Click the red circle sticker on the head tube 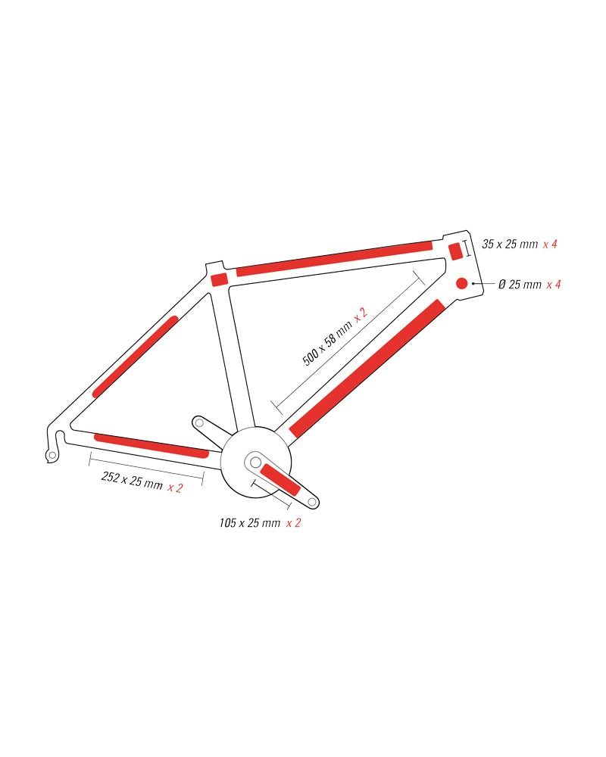pyautogui.click(x=461, y=283)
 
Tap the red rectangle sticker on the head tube pyautogui.click(x=455, y=251)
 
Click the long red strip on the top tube pyautogui.click(x=334, y=258)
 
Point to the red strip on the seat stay pyautogui.click(x=134, y=357)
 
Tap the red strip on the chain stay pyautogui.click(x=150, y=446)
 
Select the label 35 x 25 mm pyautogui.click(x=510, y=244)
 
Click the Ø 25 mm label pyautogui.click(x=520, y=285)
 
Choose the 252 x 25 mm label pyautogui.click(x=132, y=481)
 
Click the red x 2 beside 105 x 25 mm pyautogui.click(x=293, y=523)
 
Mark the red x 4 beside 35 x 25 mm pyautogui.click(x=551, y=244)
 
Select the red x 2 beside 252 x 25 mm pyautogui.click(x=175, y=488)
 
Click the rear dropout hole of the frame pyautogui.click(x=52, y=455)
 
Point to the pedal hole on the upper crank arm pyautogui.click(x=199, y=423)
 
